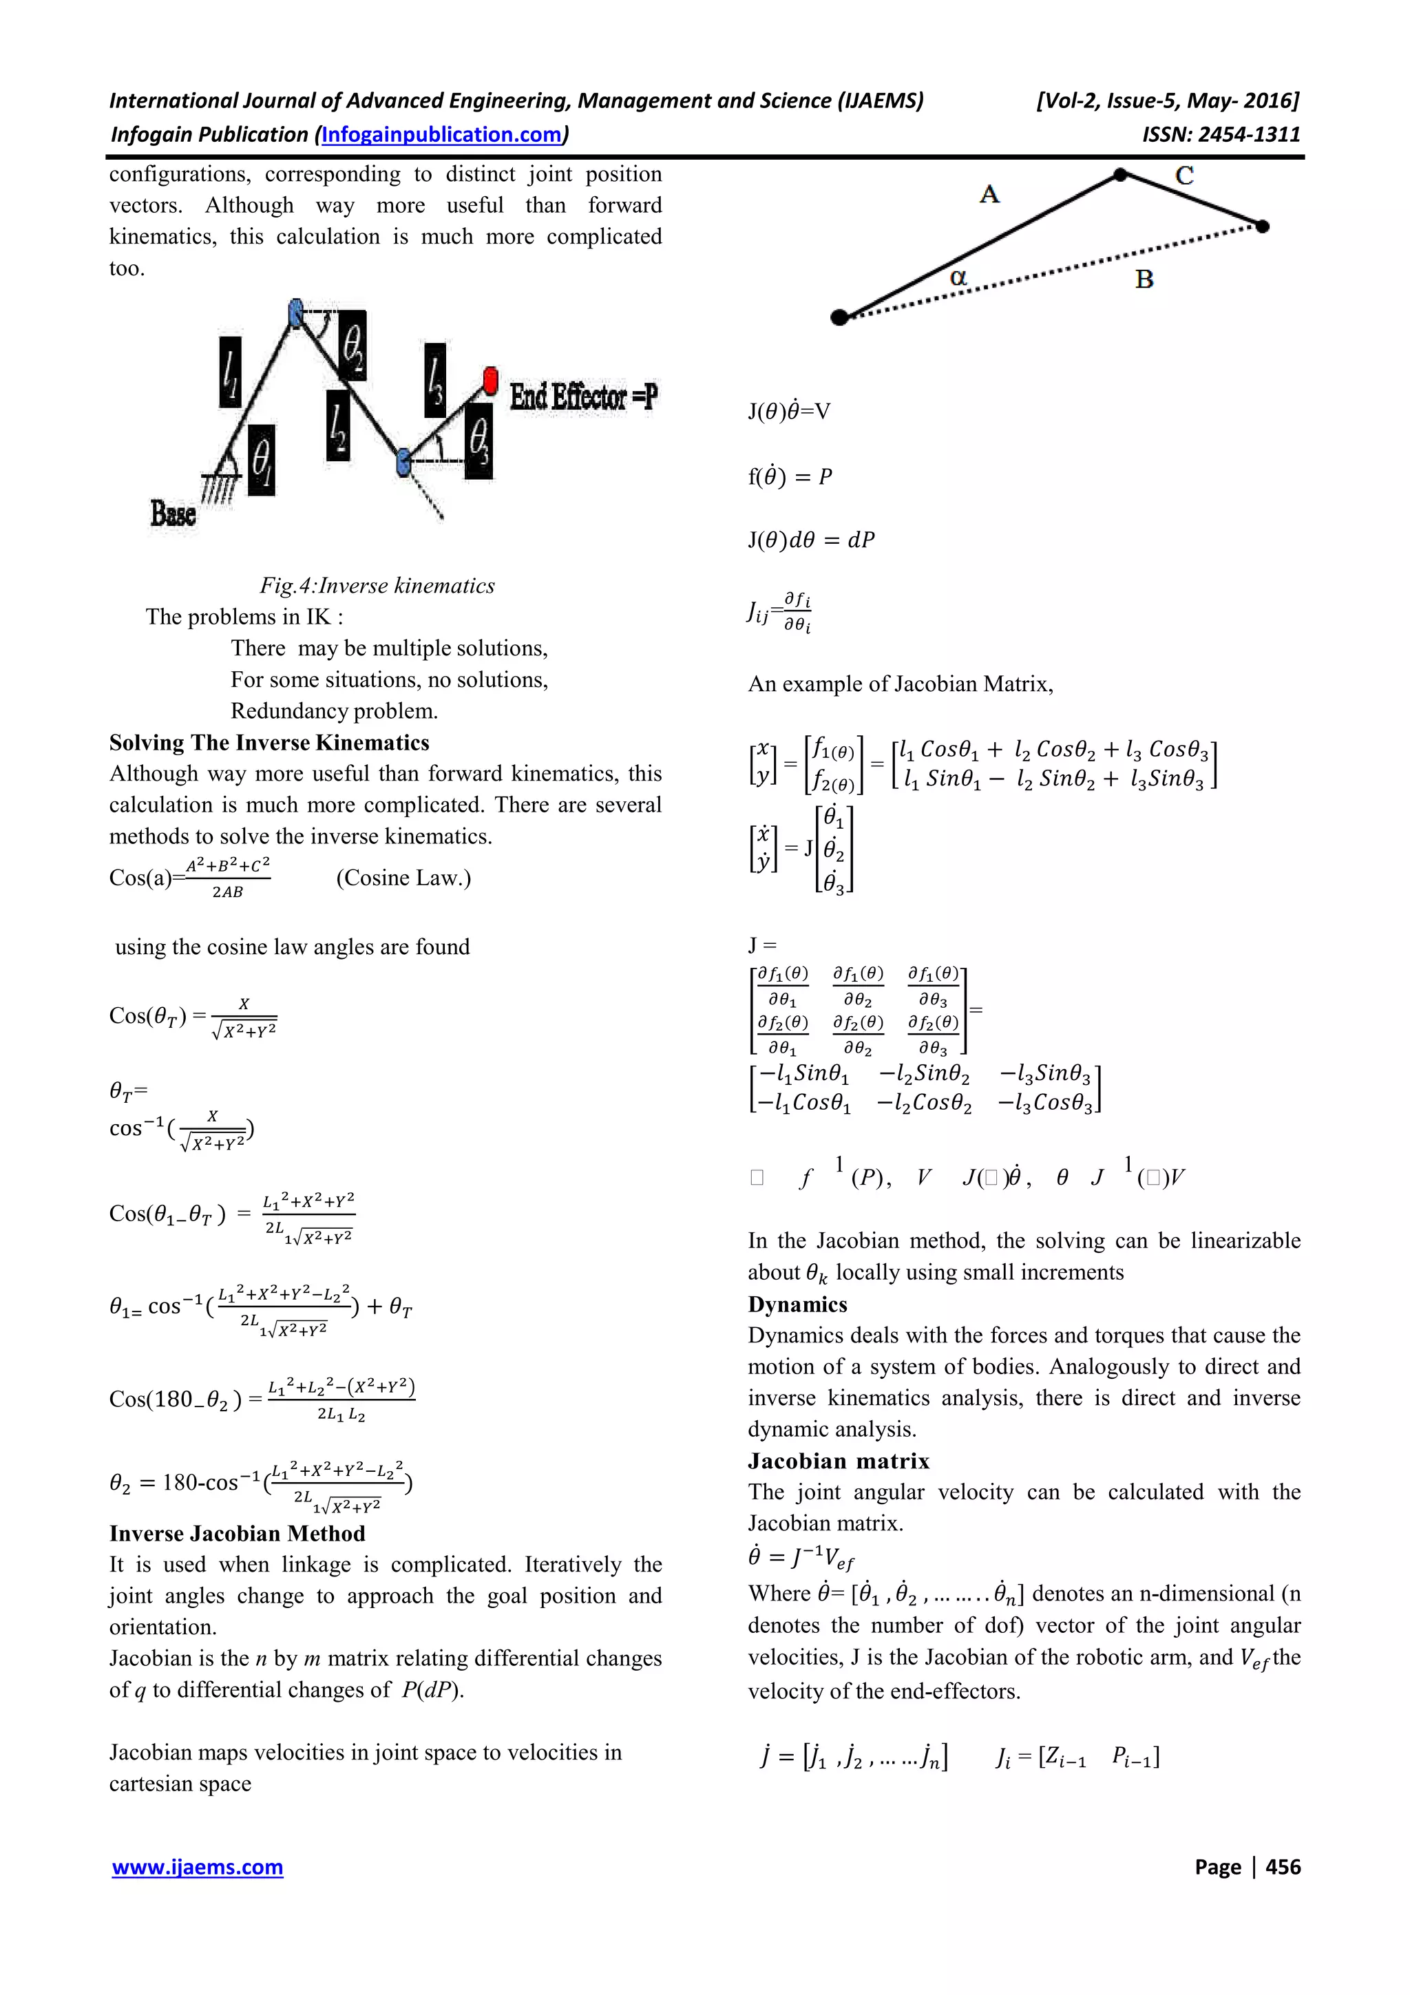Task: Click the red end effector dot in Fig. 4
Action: [490, 380]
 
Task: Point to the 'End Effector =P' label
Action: [583, 397]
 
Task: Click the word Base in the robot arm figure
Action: [173, 513]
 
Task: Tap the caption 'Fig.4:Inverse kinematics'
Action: [377, 586]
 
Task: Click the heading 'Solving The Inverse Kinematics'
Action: [269, 743]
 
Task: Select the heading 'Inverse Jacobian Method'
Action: [237, 1534]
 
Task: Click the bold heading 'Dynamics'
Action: [797, 1305]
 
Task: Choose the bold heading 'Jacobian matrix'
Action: [839, 1461]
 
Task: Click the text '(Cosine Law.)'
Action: [403, 878]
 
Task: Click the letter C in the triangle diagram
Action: [1184, 176]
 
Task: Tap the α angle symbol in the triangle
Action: [958, 277]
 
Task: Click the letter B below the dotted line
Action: [1144, 279]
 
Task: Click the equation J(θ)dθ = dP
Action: [812, 540]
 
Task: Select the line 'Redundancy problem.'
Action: [335, 710]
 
